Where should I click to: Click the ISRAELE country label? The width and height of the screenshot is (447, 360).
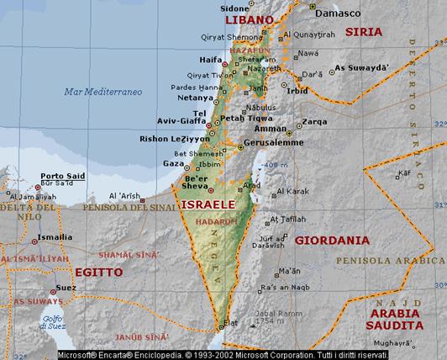pos(205,204)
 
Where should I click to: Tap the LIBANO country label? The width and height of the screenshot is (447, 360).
pos(249,19)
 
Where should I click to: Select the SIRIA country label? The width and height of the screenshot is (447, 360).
pos(363,32)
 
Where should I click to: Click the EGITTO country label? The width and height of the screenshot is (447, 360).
pos(97,273)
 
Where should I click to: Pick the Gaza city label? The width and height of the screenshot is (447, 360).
pos(172,162)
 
